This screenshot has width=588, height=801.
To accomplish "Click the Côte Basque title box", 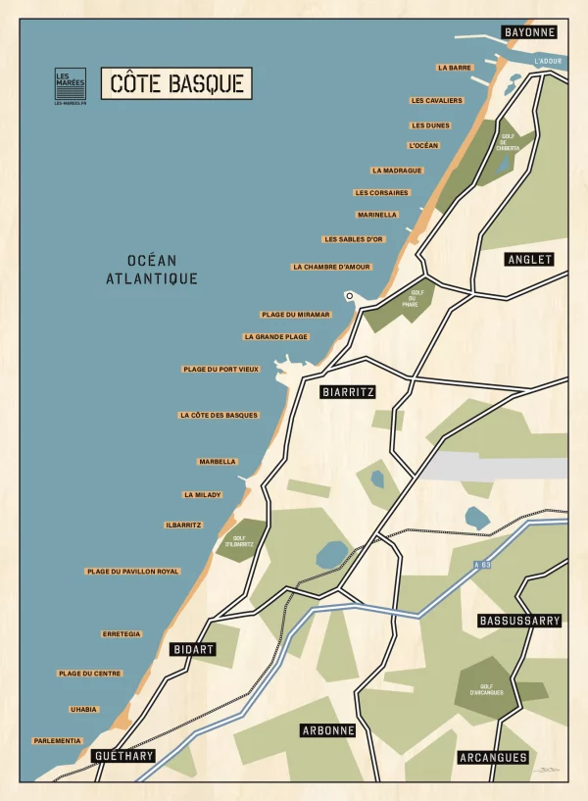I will tap(176, 83).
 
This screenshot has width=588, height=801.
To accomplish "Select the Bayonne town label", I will tap(529, 32).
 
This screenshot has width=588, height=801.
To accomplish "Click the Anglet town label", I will tap(529, 260).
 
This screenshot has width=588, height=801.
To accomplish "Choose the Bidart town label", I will tap(191, 650).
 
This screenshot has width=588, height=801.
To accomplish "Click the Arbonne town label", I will tap(327, 730).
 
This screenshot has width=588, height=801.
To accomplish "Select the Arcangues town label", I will tap(493, 757).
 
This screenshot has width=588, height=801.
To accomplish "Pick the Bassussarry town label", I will tap(519, 621).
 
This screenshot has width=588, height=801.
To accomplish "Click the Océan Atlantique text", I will tap(152, 270).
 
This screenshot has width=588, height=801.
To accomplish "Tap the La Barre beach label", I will tap(455, 68).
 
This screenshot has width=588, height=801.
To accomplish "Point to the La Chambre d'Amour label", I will tap(332, 267).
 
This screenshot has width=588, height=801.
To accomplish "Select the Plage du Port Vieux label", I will tap(220, 370).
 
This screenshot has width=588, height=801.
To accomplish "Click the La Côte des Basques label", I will tap(220, 416).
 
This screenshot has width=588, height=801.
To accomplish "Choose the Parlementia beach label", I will tap(57, 741).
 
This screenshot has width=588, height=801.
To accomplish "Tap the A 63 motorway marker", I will tap(481, 565).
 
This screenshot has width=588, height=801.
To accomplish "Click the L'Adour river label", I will tap(549, 61).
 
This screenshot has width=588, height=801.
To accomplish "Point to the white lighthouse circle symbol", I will tap(348, 295).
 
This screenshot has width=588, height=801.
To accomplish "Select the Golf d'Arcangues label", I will tap(492, 690).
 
